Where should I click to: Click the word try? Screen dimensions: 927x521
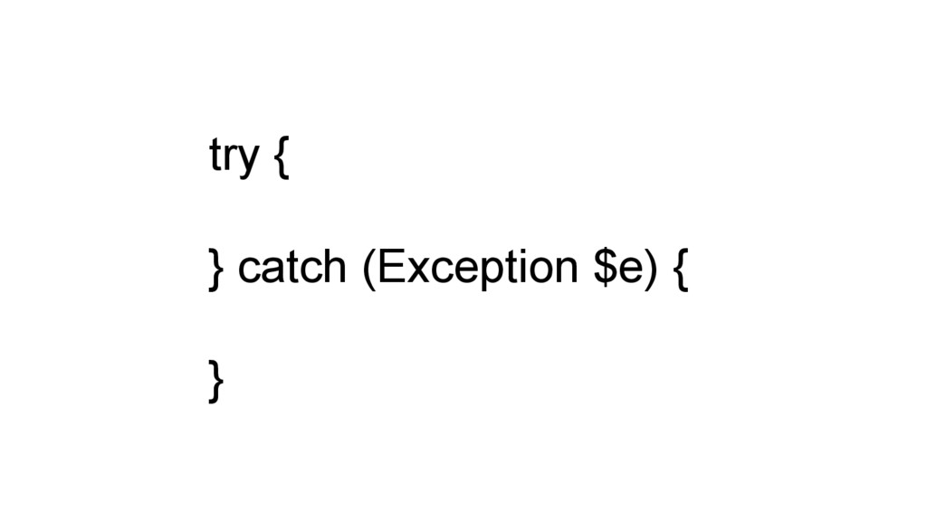234,157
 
